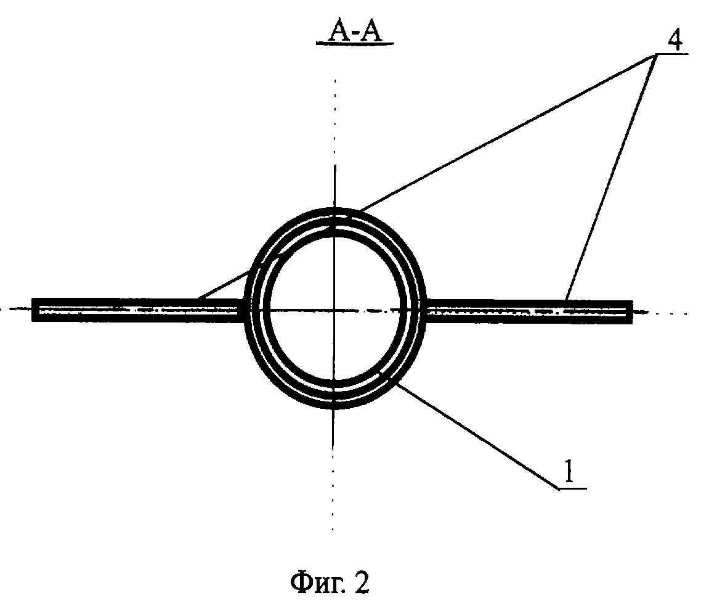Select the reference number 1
coord(571,475)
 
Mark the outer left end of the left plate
coord(34,310)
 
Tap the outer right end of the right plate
coord(630,311)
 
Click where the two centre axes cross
coord(333,310)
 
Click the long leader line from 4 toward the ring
coord(493,136)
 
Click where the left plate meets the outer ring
coord(245,310)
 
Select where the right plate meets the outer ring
coord(424,311)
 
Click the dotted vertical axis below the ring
coord(333,481)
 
